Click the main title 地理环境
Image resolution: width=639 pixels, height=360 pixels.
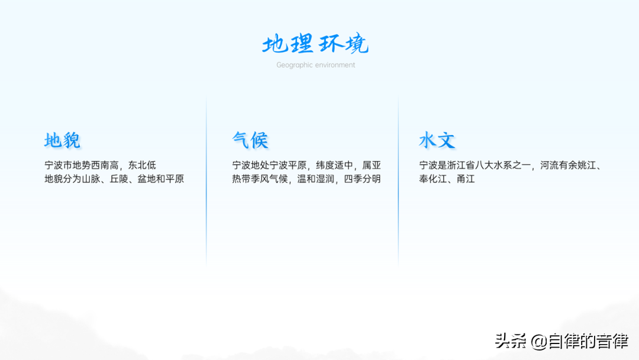pos(315,44)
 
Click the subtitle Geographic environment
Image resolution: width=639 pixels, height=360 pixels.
pos(315,65)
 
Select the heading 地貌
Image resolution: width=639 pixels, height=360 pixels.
pos(62,140)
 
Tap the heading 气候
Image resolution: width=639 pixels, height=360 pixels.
pos(250,140)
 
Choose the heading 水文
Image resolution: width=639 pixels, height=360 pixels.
pos(437,140)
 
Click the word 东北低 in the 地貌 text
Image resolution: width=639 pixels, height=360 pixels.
pos(142,165)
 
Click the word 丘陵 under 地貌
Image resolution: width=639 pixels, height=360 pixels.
pos(119,179)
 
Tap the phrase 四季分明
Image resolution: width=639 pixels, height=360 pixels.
pos(362,179)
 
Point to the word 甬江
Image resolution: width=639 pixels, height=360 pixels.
pos(466,179)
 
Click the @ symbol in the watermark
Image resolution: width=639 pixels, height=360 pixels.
pos(539,342)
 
